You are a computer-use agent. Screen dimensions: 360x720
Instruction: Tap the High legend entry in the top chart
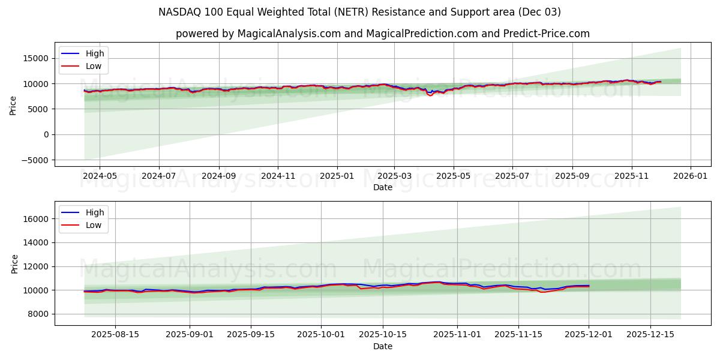coord(94,53)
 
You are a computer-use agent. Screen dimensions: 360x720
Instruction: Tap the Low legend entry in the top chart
coord(93,66)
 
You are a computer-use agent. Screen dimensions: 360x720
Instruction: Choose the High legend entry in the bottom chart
coord(94,212)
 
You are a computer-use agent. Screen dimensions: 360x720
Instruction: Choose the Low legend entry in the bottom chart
coord(93,225)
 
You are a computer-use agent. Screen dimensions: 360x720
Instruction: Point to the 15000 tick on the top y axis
coord(37,58)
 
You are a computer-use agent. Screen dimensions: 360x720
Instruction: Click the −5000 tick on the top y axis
coord(35,160)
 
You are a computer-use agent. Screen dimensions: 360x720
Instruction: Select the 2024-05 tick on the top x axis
coord(99,176)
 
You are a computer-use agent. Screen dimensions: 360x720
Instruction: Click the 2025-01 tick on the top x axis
coord(337,176)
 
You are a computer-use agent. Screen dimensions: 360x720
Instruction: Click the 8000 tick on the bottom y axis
coord(39,314)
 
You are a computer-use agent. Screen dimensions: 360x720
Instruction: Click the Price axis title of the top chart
coord(13,106)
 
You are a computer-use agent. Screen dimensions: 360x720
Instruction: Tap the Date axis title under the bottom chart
coord(382,346)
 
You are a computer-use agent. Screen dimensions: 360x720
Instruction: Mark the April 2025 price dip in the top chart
coord(430,95)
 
